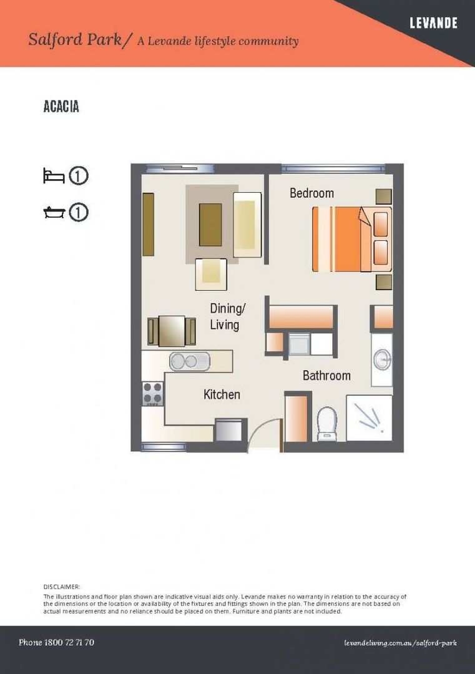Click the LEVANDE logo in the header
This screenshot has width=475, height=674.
pos(433,23)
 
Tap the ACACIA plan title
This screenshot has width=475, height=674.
pos(61,107)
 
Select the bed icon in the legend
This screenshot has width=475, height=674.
pos(54,176)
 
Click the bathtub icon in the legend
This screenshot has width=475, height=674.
pos(54,212)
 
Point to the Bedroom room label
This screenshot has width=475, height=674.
pos(311,193)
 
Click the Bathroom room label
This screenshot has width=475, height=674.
pos(326,375)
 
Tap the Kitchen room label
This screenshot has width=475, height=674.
pos(222,394)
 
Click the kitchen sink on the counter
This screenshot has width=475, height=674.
pos(190,361)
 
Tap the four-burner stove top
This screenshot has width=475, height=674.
pos(152,393)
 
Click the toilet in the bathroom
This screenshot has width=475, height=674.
pos(327,423)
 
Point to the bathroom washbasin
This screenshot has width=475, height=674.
pos(382,360)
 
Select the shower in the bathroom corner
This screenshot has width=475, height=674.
pos(370,418)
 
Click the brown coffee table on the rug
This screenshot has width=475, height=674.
pos(210,225)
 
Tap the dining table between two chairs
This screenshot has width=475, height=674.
pos(172,331)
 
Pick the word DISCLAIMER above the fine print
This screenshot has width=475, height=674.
pos(61,587)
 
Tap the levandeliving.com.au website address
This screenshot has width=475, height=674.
pos(400,643)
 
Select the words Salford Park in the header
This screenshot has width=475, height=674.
pos(75,39)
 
